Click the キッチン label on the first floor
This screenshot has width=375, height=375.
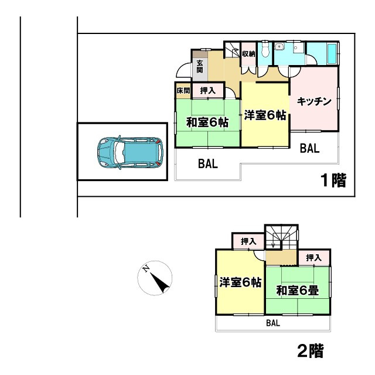(x=315, y=101)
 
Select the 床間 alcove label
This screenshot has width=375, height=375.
(x=183, y=91)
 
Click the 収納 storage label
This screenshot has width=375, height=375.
(x=248, y=54)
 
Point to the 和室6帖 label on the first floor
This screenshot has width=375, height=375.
(x=207, y=122)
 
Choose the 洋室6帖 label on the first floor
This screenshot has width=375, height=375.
(x=265, y=115)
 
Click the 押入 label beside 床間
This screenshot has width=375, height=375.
(x=207, y=91)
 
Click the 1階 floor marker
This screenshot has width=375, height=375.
(x=332, y=180)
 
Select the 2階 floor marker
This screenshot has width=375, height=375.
(x=309, y=351)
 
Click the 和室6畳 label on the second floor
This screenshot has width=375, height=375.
(x=297, y=290)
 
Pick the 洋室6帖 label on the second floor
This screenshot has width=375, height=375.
(x=240, y=282)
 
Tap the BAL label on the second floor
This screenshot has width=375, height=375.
(x=272, y=323)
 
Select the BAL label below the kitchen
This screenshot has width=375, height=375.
(x=309, y=149)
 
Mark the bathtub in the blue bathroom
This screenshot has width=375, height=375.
(x=332, y=53)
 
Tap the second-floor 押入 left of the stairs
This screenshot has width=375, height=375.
(x=248, y=241)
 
